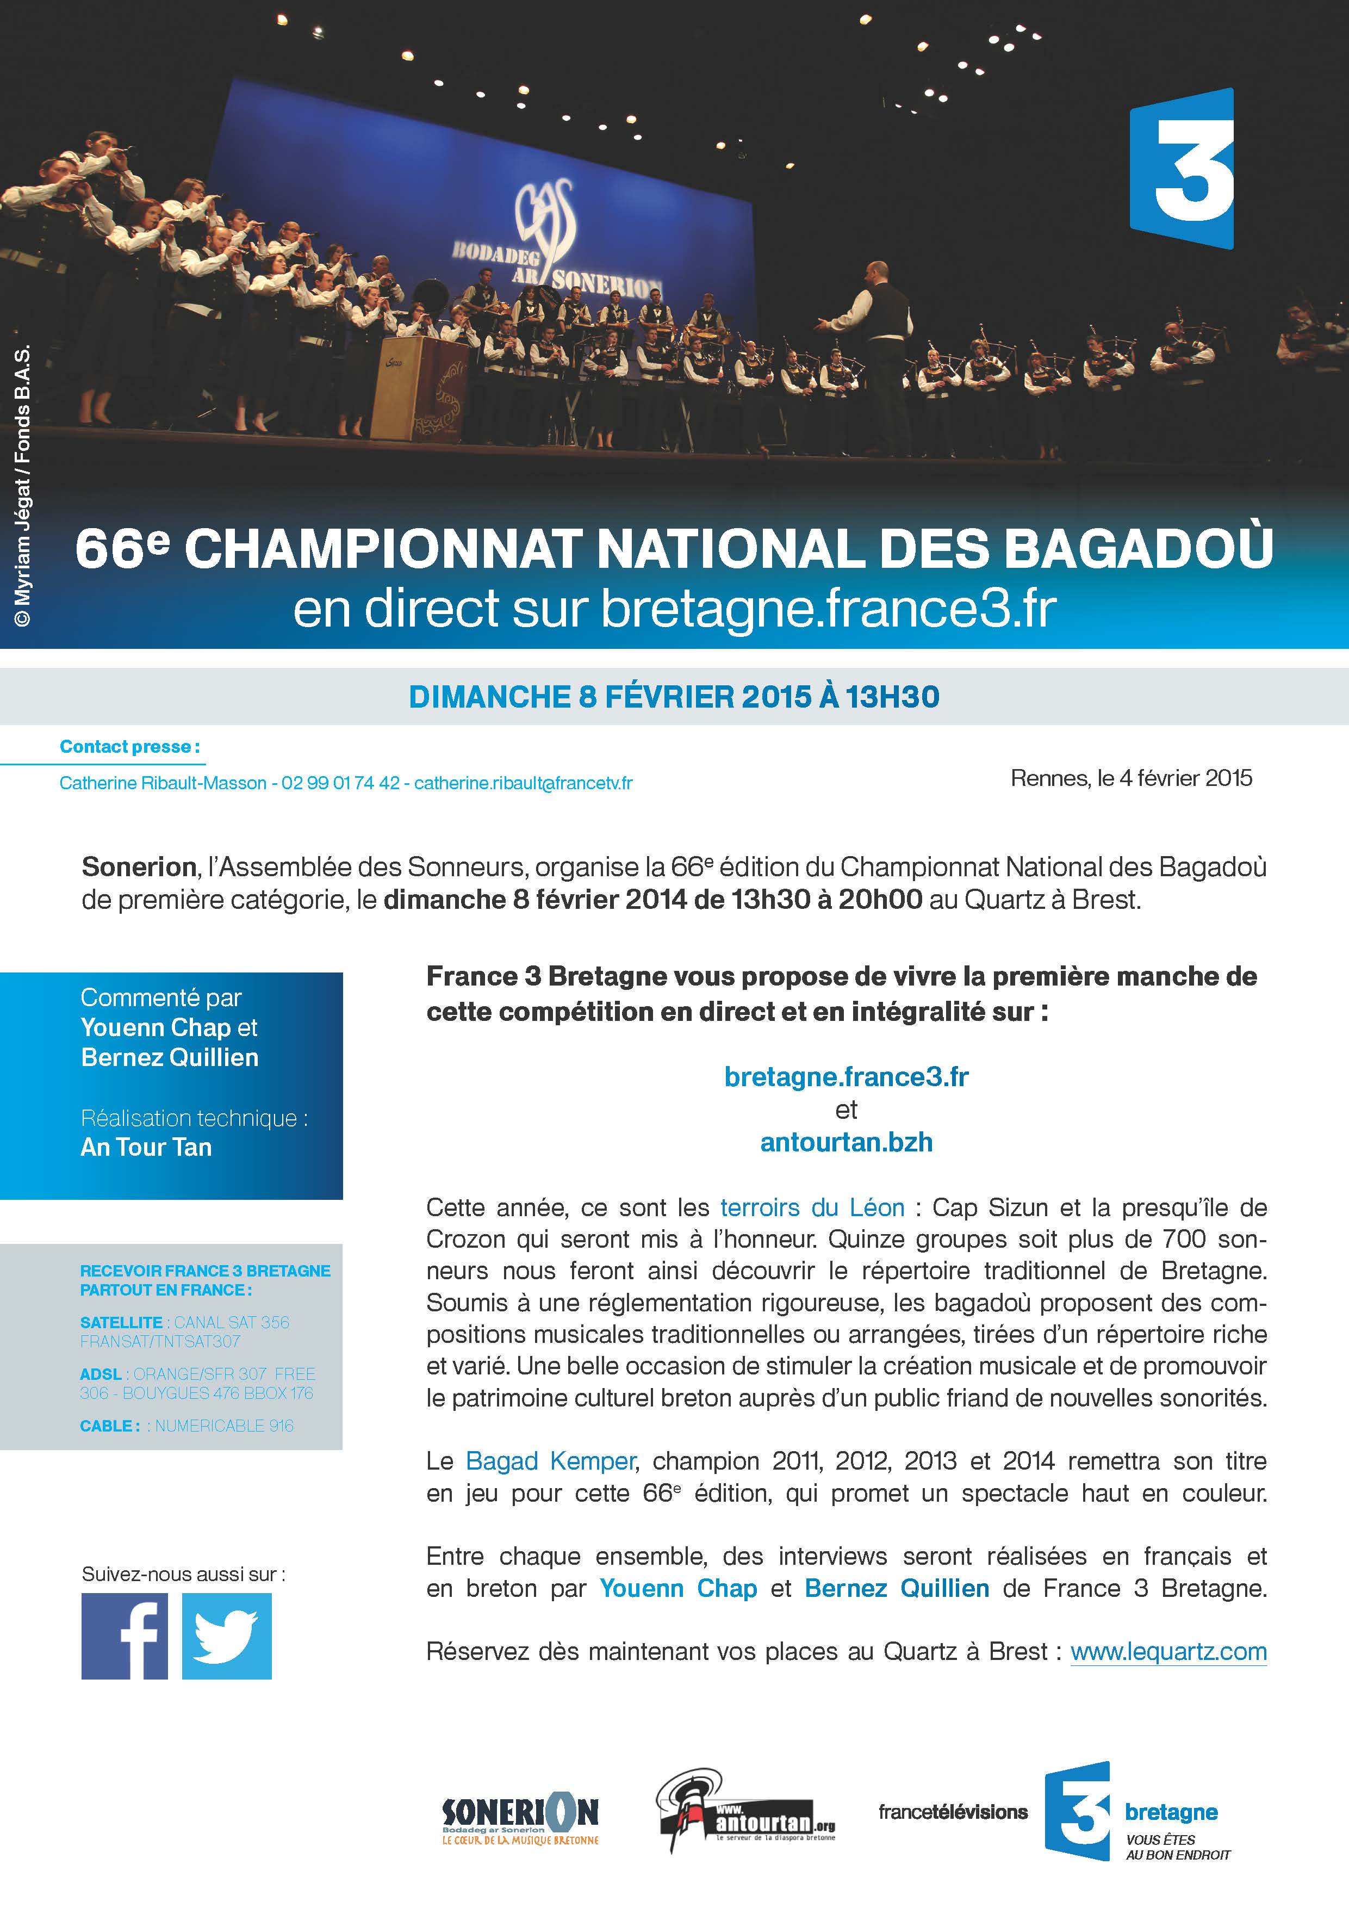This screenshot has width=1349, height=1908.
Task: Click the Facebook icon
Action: [x=125, y=1636]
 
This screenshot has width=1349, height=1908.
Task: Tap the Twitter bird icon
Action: [x=226, y=1636]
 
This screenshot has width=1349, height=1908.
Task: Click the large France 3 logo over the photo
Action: [x=1181, y=168]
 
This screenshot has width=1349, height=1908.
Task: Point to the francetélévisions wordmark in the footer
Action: [x=953, y=1812]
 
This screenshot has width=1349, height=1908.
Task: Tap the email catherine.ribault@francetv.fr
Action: [x=523, y=783]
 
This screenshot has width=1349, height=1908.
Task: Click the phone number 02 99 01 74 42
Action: [x=340, y=783]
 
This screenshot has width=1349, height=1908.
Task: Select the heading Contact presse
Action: [x=129, y=746]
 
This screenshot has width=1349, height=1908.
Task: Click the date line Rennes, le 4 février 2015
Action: [x=1130, y=778]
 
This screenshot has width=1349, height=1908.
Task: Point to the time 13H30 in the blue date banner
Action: [x=892, y=696]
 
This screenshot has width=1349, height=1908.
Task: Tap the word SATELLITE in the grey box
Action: [x=121, y=1322]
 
